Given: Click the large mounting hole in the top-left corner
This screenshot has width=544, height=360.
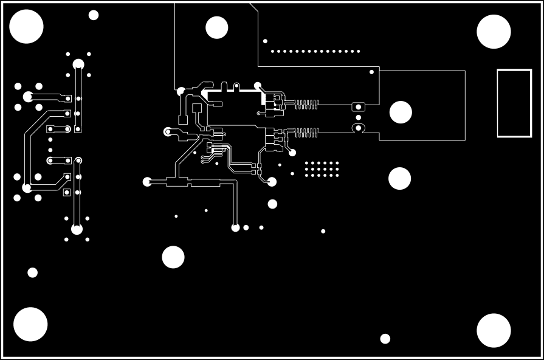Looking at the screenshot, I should pyautogui.click(x=27, y=27).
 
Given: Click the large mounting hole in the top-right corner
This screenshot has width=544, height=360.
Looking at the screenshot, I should pyautogui.click(x=494, y=32).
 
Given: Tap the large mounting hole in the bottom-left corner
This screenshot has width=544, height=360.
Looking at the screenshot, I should pyautogui.click(x=30, y=324).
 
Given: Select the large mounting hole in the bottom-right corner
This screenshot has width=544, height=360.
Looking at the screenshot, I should pyautogui.click(x=494, y=330).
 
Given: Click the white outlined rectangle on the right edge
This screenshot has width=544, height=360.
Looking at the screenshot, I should pyautogui.click(x=514, y=103).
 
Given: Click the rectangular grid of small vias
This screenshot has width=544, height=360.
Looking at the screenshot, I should pyautogui.click(x=322, y=168).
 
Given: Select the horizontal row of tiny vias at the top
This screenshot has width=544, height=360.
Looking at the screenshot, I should pyautogui.click(x=315, y=51).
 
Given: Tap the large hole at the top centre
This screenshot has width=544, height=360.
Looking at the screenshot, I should pyautogui.click(x=216, y=27).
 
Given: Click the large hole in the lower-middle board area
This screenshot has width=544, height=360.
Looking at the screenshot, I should pyautogui.click(x=173, y=257).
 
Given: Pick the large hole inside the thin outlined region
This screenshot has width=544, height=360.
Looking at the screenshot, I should pyautogui.click(x=401, y=112).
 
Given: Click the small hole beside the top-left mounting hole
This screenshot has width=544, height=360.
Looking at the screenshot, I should pyautogui.click(x=94, y=15).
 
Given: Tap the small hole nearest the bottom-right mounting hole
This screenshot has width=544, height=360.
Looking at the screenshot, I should pyautogui.click(x=385, y=339).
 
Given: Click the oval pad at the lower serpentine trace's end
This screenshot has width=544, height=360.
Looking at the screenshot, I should pyautogui.click(x=358, y=128).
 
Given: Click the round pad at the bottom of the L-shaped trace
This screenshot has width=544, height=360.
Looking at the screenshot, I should pyautogui.click(x=235, y=227).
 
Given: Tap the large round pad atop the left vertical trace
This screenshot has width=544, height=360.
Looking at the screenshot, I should pyautogui.click(x=78, y=64).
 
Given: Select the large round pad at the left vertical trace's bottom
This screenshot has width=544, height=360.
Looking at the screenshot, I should pyautogui.click(x=77, y=229).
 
